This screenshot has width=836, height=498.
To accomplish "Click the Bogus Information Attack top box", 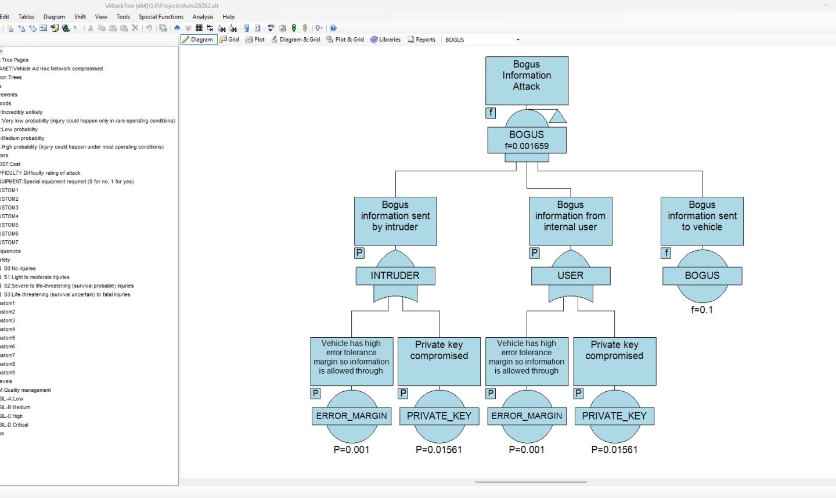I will coord(527,80).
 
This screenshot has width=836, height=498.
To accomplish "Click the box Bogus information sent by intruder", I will coord(395,221).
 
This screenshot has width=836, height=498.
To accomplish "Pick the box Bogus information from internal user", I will coord(570,221).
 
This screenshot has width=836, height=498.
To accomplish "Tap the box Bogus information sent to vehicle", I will coord(702,221).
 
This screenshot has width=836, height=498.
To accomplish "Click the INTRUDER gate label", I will coord(395,276).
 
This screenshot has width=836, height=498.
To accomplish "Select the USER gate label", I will coord(570,276).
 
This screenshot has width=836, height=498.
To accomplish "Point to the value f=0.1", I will coord(702,310).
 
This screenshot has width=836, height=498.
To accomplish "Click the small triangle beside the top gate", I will coord(557,117).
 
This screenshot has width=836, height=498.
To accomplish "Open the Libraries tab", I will coord(385,39).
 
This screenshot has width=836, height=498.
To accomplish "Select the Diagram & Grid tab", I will coord(296,39).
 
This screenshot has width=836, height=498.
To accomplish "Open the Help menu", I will coord(228,17).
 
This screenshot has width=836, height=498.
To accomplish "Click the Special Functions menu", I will coord(161,17).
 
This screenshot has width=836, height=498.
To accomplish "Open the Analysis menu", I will coord(203,17).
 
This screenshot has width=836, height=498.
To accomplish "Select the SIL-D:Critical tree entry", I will coord(15,425).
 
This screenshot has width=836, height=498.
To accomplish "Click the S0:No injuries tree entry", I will coord(20,269).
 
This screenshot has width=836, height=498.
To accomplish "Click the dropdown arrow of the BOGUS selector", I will coord(518,40).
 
